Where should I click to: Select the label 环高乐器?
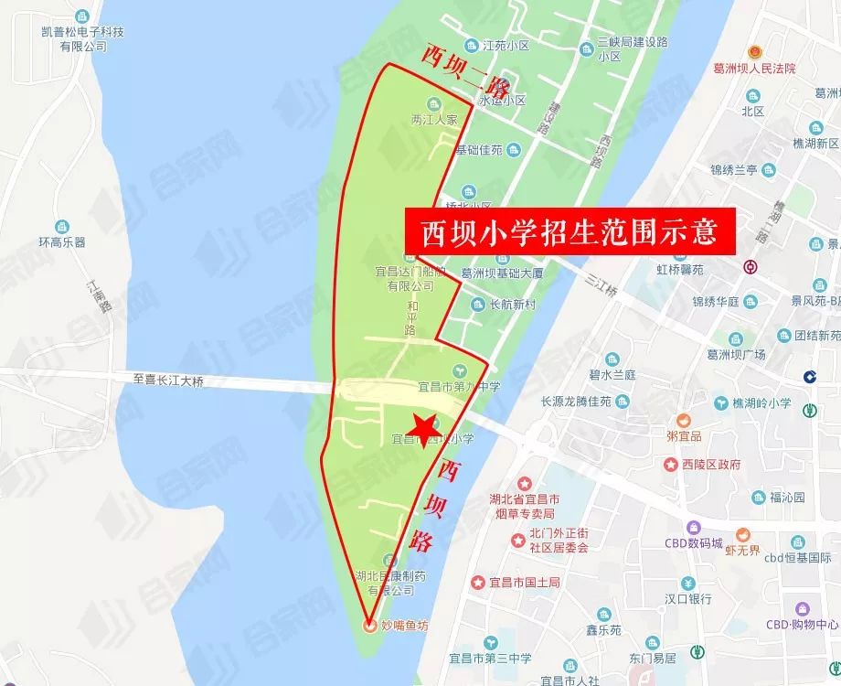62,242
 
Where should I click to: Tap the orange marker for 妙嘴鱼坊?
369,627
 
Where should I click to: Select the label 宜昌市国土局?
515,582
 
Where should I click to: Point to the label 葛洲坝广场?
729,354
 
